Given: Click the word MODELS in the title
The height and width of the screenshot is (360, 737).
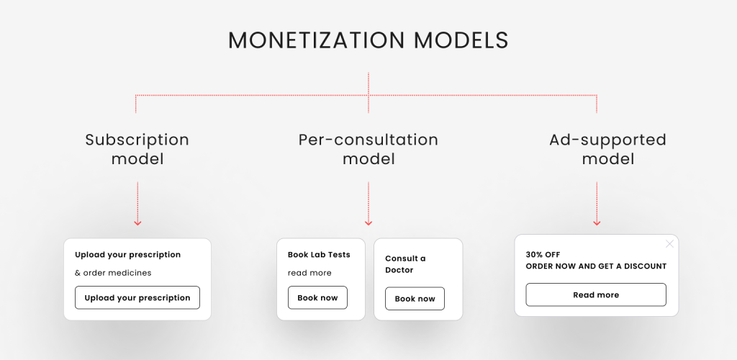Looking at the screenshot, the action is point(461,40).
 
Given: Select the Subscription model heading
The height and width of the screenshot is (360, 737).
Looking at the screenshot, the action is point(137,149).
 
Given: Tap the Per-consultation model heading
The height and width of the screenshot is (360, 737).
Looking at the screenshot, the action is point(368,149).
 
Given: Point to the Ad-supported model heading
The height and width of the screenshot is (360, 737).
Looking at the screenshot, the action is point(608,149).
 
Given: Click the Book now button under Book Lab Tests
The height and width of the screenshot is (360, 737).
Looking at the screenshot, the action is point(317,297).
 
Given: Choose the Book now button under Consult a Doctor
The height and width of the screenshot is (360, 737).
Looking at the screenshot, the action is point(415,298).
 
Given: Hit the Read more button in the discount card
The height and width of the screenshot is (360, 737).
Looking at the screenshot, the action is point(596,294).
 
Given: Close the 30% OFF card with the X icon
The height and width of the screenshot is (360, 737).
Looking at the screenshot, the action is point(670,244).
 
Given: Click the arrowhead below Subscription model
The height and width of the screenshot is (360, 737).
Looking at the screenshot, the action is point(137,222).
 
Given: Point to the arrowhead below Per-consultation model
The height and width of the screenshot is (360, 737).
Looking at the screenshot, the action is point(368,222).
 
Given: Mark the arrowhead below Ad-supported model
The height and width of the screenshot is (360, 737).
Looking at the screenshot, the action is point(597,222).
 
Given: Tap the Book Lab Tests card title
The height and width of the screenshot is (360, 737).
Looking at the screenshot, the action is point(319,255).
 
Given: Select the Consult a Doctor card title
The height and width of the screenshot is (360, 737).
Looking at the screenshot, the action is point(405,264).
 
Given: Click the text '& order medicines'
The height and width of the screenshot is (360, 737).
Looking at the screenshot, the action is point(113,273).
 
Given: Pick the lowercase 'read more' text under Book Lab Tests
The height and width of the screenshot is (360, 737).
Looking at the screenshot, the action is point(309,273).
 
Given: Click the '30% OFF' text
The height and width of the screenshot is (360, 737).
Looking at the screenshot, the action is point(543,255).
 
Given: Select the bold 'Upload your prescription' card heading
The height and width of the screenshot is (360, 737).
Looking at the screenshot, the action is point(128,255).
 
